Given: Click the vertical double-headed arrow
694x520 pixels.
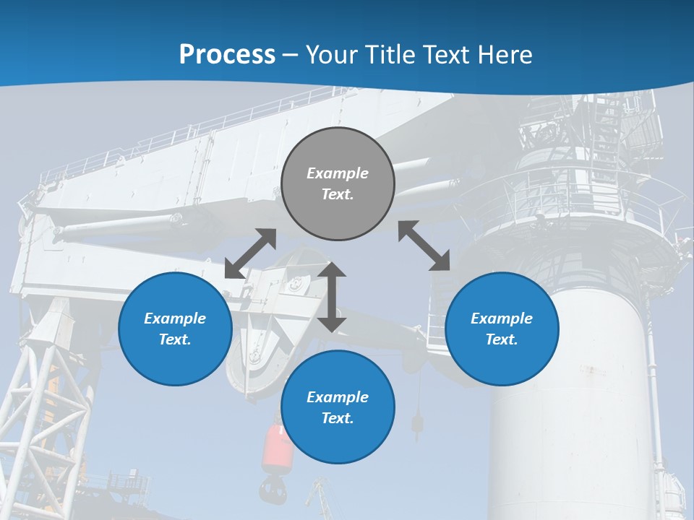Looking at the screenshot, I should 332,297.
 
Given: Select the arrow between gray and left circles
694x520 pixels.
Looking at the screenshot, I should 250,253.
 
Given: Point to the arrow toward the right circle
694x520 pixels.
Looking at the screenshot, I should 424,246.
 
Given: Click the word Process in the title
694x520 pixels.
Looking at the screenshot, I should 227,54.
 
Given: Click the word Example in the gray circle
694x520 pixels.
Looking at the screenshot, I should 338,173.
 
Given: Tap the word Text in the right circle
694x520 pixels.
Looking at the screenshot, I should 502,339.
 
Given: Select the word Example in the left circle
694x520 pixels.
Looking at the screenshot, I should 175,318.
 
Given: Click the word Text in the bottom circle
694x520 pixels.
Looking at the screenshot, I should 338,418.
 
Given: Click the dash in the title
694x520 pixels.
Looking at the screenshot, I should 291,55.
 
